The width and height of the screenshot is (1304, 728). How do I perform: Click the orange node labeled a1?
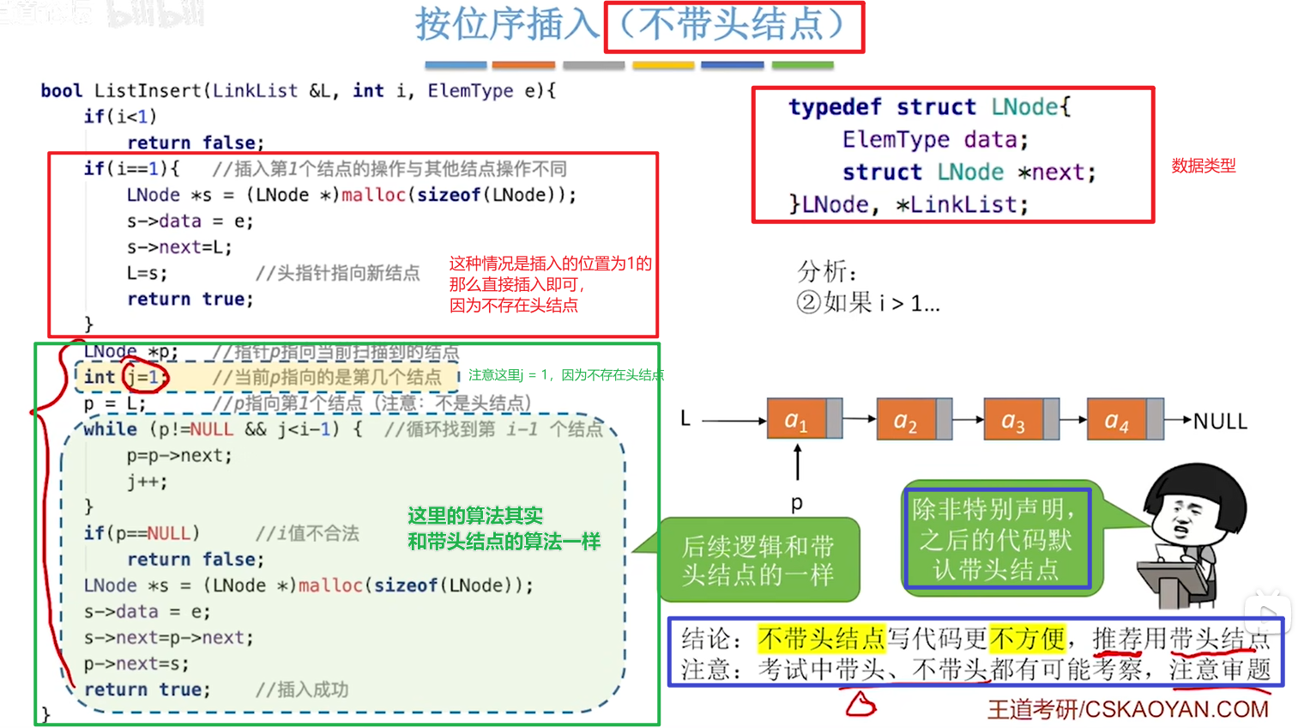tap(796, 420)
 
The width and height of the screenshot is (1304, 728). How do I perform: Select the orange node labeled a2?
tap(906, 420)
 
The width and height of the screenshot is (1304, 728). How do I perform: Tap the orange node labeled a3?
tap(1013, 420)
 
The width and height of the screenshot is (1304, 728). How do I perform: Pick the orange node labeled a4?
tap(1116, 420)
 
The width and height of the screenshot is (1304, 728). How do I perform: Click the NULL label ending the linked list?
tap(1220, 422)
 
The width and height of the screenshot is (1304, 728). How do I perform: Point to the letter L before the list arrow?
tap(685, 419)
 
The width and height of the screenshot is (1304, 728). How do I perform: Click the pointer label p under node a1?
tap(797, 502)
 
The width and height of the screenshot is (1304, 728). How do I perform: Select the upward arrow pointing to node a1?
tap(798, 462)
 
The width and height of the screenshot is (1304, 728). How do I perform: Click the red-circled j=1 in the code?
tap(143, 377)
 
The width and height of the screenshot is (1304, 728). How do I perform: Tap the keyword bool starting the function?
tap(62, 91)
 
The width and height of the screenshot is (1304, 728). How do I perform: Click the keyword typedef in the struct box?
tap(835, 107)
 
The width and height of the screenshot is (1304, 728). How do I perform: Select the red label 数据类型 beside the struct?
tap(1204, 166)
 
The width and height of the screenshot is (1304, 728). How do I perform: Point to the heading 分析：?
tap(827, 272)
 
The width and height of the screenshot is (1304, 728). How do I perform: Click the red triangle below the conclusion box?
tap(860, 705)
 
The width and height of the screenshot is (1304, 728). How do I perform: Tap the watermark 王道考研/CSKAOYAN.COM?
tap(1127, 710)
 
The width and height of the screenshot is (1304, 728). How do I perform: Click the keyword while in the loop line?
tap(111, 429)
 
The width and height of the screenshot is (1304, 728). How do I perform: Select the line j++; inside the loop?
tap(148, 482)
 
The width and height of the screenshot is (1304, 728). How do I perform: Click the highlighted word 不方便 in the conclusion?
tap(1027, 639)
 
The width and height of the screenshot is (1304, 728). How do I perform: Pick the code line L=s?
tap(147, 273)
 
